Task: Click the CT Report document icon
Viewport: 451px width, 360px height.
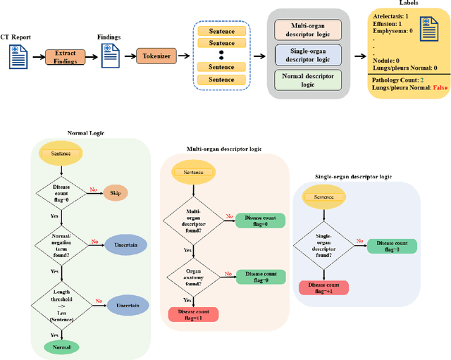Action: tap(18, 56)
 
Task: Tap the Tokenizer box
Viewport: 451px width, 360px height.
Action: tap(156, 56)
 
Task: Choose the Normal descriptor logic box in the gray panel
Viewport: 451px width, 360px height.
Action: tap(308, 79)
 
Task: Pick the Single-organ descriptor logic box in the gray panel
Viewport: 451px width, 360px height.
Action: tap(308, 54)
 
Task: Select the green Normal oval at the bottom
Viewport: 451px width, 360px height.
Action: tap(61, 347)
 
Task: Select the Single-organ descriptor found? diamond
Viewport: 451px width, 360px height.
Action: tap(323, 246)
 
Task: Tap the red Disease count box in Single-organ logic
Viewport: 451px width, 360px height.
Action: tap(324, 287)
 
